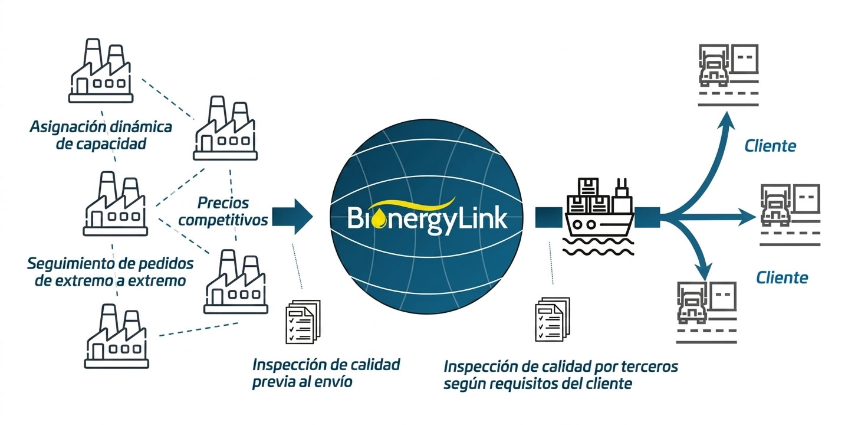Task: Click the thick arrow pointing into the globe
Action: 292,216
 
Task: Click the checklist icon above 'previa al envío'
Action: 303,322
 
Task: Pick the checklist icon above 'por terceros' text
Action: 553,319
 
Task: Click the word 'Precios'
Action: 223,203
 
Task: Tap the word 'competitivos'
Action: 223,220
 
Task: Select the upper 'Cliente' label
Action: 770,146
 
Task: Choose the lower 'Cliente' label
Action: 782,277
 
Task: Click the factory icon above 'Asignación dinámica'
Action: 101,71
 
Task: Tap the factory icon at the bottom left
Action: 116,336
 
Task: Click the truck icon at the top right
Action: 728,75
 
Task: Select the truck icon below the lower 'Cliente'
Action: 706,313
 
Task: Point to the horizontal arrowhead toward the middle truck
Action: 747,217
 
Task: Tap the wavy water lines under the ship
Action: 598,246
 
